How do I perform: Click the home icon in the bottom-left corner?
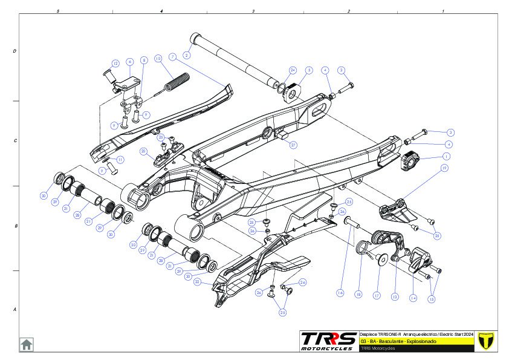pyautogui.click(x=27, y=344)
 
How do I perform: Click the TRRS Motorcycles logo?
pyautogui.click(x=329, y=341)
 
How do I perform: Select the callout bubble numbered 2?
pyautogui.click(x=187, y=55)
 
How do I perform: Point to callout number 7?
pyautogui.click(x=172, y=56)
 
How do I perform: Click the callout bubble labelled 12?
pyautogui.click(x=115, y=64)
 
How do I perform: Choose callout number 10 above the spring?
pyautogui.click(x=158, y=59)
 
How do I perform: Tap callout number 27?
pyautogui.click(x=293, y=145)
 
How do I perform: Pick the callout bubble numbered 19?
pyautogui.click(x=444, y=169)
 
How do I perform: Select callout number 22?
pyautogui.click(x=197, y=281)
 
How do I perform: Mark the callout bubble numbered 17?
pyautogui.click(x=376, y=296)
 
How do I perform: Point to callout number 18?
pyautogui.click(x=358, y=294)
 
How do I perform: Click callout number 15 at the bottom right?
pyautogui.click(x=432, y=299)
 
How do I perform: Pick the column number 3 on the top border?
pyautogui.click(x=253, y=11)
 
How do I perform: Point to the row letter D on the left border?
pyautogui.click(x=15, y=51)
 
